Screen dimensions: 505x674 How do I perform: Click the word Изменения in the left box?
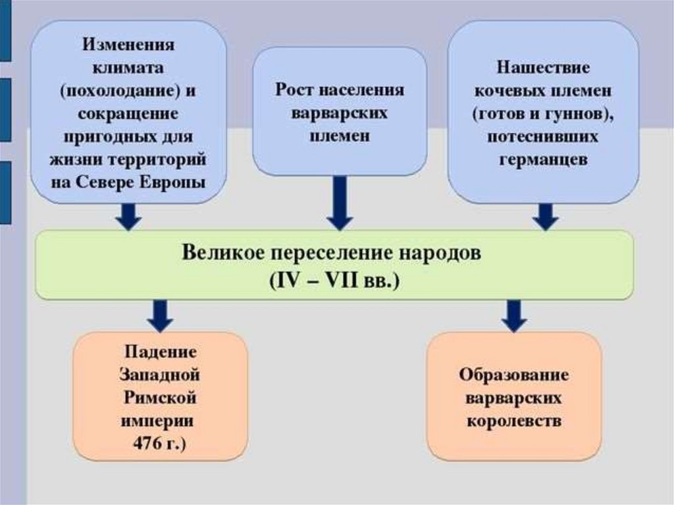click(128, 47)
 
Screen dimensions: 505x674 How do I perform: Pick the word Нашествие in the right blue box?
click(543, 68)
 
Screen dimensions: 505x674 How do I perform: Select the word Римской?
click(159, 398)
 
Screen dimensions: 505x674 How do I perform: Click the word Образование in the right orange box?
click(514, 375)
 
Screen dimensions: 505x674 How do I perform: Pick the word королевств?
click(514, 421)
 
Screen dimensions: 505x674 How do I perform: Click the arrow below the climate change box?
click(128, 216)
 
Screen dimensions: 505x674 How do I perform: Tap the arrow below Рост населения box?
click(340, 204)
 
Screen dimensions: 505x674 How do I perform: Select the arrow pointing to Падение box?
click(159, 315)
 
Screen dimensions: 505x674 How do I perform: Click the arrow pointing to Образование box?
click(514, 315)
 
